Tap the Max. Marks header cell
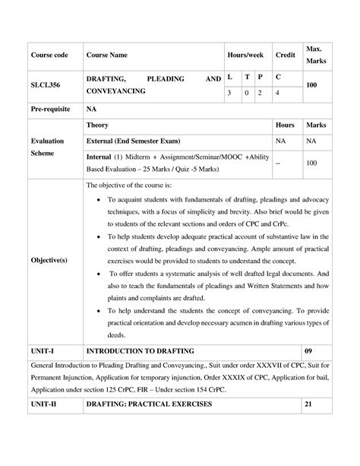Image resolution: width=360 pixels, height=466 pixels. tap(314, 55)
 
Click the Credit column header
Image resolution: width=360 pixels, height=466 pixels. tap(285, 55)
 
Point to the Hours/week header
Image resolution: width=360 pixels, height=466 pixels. tap(245, 55)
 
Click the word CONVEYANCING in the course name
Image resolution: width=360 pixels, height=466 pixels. tap(115, 91)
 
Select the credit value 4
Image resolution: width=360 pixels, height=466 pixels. tap(278, 93)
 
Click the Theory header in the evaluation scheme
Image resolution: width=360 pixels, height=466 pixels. tap(97, 124)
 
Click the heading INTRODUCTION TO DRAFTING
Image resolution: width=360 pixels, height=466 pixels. tap(141, 351)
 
